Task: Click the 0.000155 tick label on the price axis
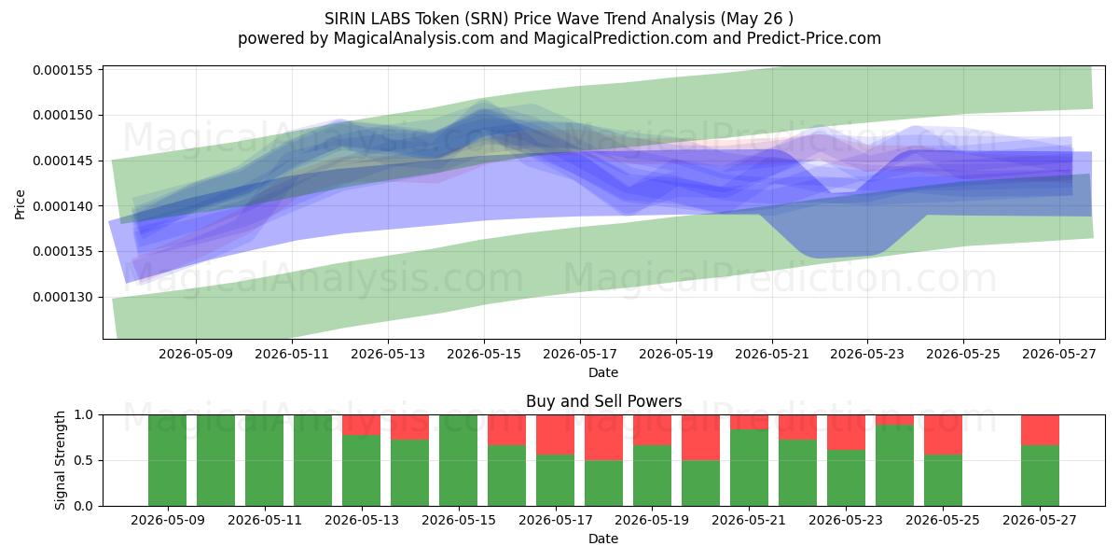[63, 70]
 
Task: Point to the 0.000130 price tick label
[63, 297]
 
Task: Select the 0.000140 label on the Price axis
[63, 206]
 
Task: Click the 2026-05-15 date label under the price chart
[484, 354]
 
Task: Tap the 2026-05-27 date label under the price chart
[1059, 354]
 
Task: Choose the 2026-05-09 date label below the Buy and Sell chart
[168, 520]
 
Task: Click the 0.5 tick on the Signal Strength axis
[83, 460]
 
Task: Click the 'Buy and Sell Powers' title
[603, 401]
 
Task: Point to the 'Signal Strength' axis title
[60, 460]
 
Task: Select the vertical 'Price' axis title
[20, 204]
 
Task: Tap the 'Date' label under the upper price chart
[603, 372]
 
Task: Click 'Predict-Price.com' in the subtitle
[814, 38]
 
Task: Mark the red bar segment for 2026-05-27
[1040, 430]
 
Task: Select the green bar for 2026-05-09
[167, 460]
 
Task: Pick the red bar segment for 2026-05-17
[556, 435]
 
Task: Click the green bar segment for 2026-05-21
[750, 468]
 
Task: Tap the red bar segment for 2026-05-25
[943, 435]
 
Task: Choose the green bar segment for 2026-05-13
[361, 470]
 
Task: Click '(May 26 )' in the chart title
[757, 19]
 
